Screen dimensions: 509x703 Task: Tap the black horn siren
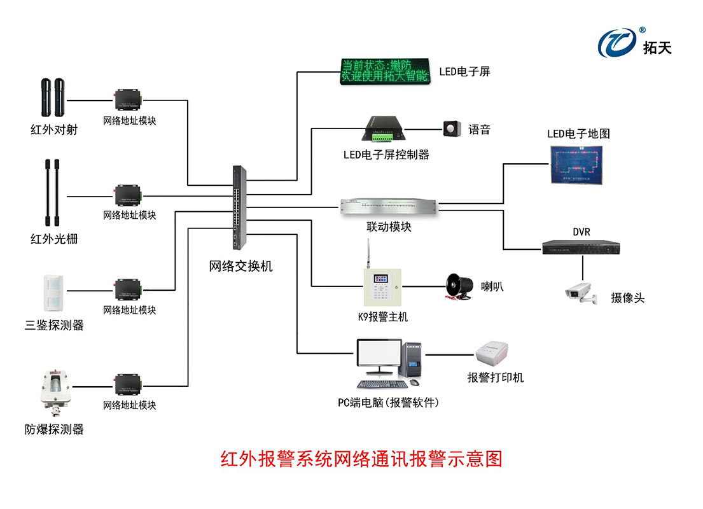pos(457,286)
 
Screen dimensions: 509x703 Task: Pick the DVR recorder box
pos(580,247)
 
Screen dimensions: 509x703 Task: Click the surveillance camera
pos(580,291)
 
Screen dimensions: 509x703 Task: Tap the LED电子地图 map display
pos(578,164)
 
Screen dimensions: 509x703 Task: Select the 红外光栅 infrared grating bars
pos(52,193)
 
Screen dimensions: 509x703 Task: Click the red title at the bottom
pos(361,459)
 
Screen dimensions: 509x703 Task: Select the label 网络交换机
pos(240,266)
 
